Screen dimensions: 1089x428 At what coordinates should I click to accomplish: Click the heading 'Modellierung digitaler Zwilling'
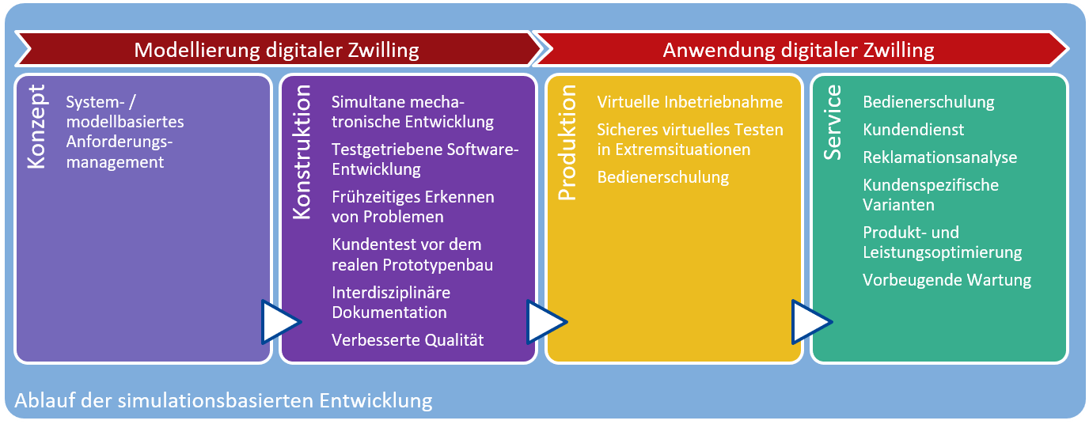pos(277,50)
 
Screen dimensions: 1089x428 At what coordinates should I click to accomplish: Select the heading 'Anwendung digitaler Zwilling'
pos(799,50)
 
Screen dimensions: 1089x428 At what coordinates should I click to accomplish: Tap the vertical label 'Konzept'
pos(37,127)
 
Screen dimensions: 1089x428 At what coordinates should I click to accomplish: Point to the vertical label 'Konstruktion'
pos(302,152)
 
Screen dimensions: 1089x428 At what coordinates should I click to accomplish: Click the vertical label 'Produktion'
pos(567,143)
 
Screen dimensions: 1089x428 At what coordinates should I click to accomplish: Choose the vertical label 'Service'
pos(833,123)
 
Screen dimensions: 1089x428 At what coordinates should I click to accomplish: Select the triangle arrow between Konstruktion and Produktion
pos(546,322)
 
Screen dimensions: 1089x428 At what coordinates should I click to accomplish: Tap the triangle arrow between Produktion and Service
pos(811,322)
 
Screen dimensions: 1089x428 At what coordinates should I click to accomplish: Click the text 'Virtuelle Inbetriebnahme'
pos(690,102)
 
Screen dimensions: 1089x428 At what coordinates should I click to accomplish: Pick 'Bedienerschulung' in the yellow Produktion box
pos(663,177)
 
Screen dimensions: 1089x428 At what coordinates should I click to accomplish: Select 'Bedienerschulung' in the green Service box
pos(928,102)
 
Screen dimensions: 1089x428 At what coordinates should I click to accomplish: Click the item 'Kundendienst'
pos(913,130)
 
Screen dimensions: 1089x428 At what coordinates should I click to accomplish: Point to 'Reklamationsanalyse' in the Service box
pos(939,157)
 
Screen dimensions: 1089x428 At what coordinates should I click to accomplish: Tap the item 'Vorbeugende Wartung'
pos(947,280)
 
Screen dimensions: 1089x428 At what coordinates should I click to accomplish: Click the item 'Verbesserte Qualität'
pos(408,340)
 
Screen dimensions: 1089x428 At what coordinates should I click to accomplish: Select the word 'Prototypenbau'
pos(438,265)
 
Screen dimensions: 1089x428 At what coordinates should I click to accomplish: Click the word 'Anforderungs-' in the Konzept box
pos(120,142)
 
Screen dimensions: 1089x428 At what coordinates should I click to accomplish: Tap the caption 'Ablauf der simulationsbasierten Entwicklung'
pos(224,401)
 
